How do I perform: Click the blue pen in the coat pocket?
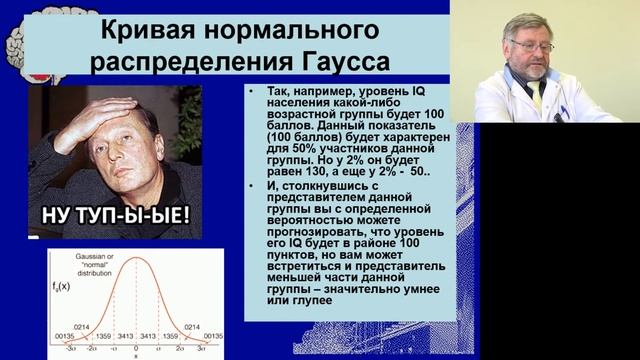point(564,111)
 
